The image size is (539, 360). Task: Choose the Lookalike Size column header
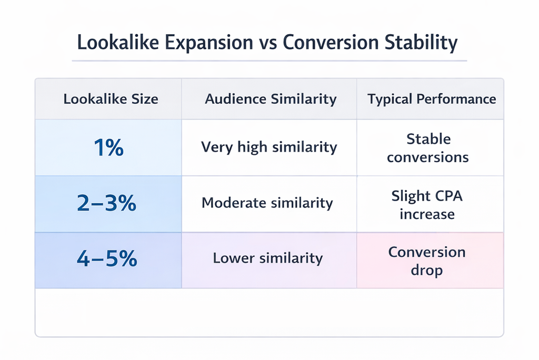pyautogui.click(x=111, y=99)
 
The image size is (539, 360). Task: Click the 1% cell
pyautogui.click(x=108, y=148)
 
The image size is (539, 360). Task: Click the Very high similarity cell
pyautogui.click(x=269, y=147)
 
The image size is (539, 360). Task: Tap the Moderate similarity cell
pyautogui.click(x=267, y=203)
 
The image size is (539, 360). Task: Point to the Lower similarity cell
pyautogui.click(x=267, y=258)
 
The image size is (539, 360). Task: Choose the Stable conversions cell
pyautogui.click(x=428, y=148)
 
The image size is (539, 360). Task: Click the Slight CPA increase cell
pyautogui.click(x=427, y=205)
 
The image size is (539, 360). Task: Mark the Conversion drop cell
pyautogui.click(x=427, y=261)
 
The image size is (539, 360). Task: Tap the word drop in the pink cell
pyautogui.click(x=427, y=271)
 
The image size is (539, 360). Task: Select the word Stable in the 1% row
pyautogui.click(x=428, y=139)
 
